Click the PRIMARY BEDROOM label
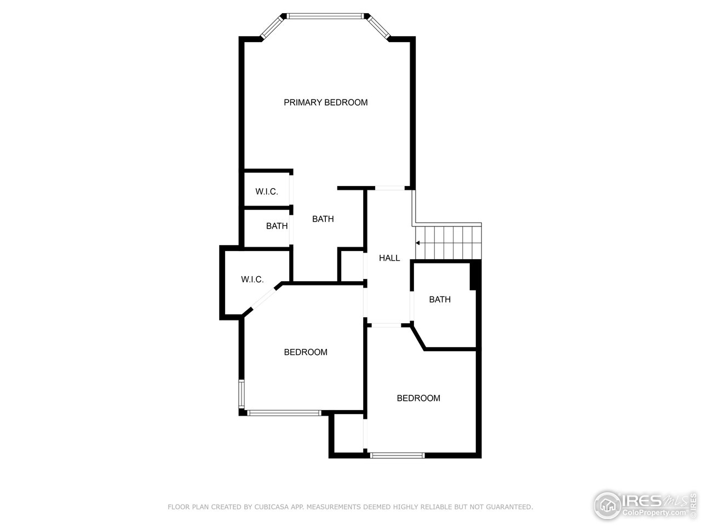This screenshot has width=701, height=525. (325, 102)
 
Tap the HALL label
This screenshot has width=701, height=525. (389, 258)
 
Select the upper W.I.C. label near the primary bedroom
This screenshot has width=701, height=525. (267, 191)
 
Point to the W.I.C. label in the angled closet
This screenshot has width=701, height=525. (252, 279)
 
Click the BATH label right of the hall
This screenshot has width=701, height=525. (440, 299)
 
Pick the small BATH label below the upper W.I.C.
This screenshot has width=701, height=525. (277, 226)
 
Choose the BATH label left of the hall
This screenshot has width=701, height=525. (323, 219)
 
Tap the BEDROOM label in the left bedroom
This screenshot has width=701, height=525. (306, 352)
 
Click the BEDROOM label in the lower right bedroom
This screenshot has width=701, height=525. (418, 398)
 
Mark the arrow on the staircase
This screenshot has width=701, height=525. (418, 243)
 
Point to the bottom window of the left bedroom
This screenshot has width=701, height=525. (284, 413)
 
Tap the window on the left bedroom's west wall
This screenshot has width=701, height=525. (240, 394)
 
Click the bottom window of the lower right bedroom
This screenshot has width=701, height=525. (398, 455)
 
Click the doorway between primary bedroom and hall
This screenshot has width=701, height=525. (389, 188)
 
